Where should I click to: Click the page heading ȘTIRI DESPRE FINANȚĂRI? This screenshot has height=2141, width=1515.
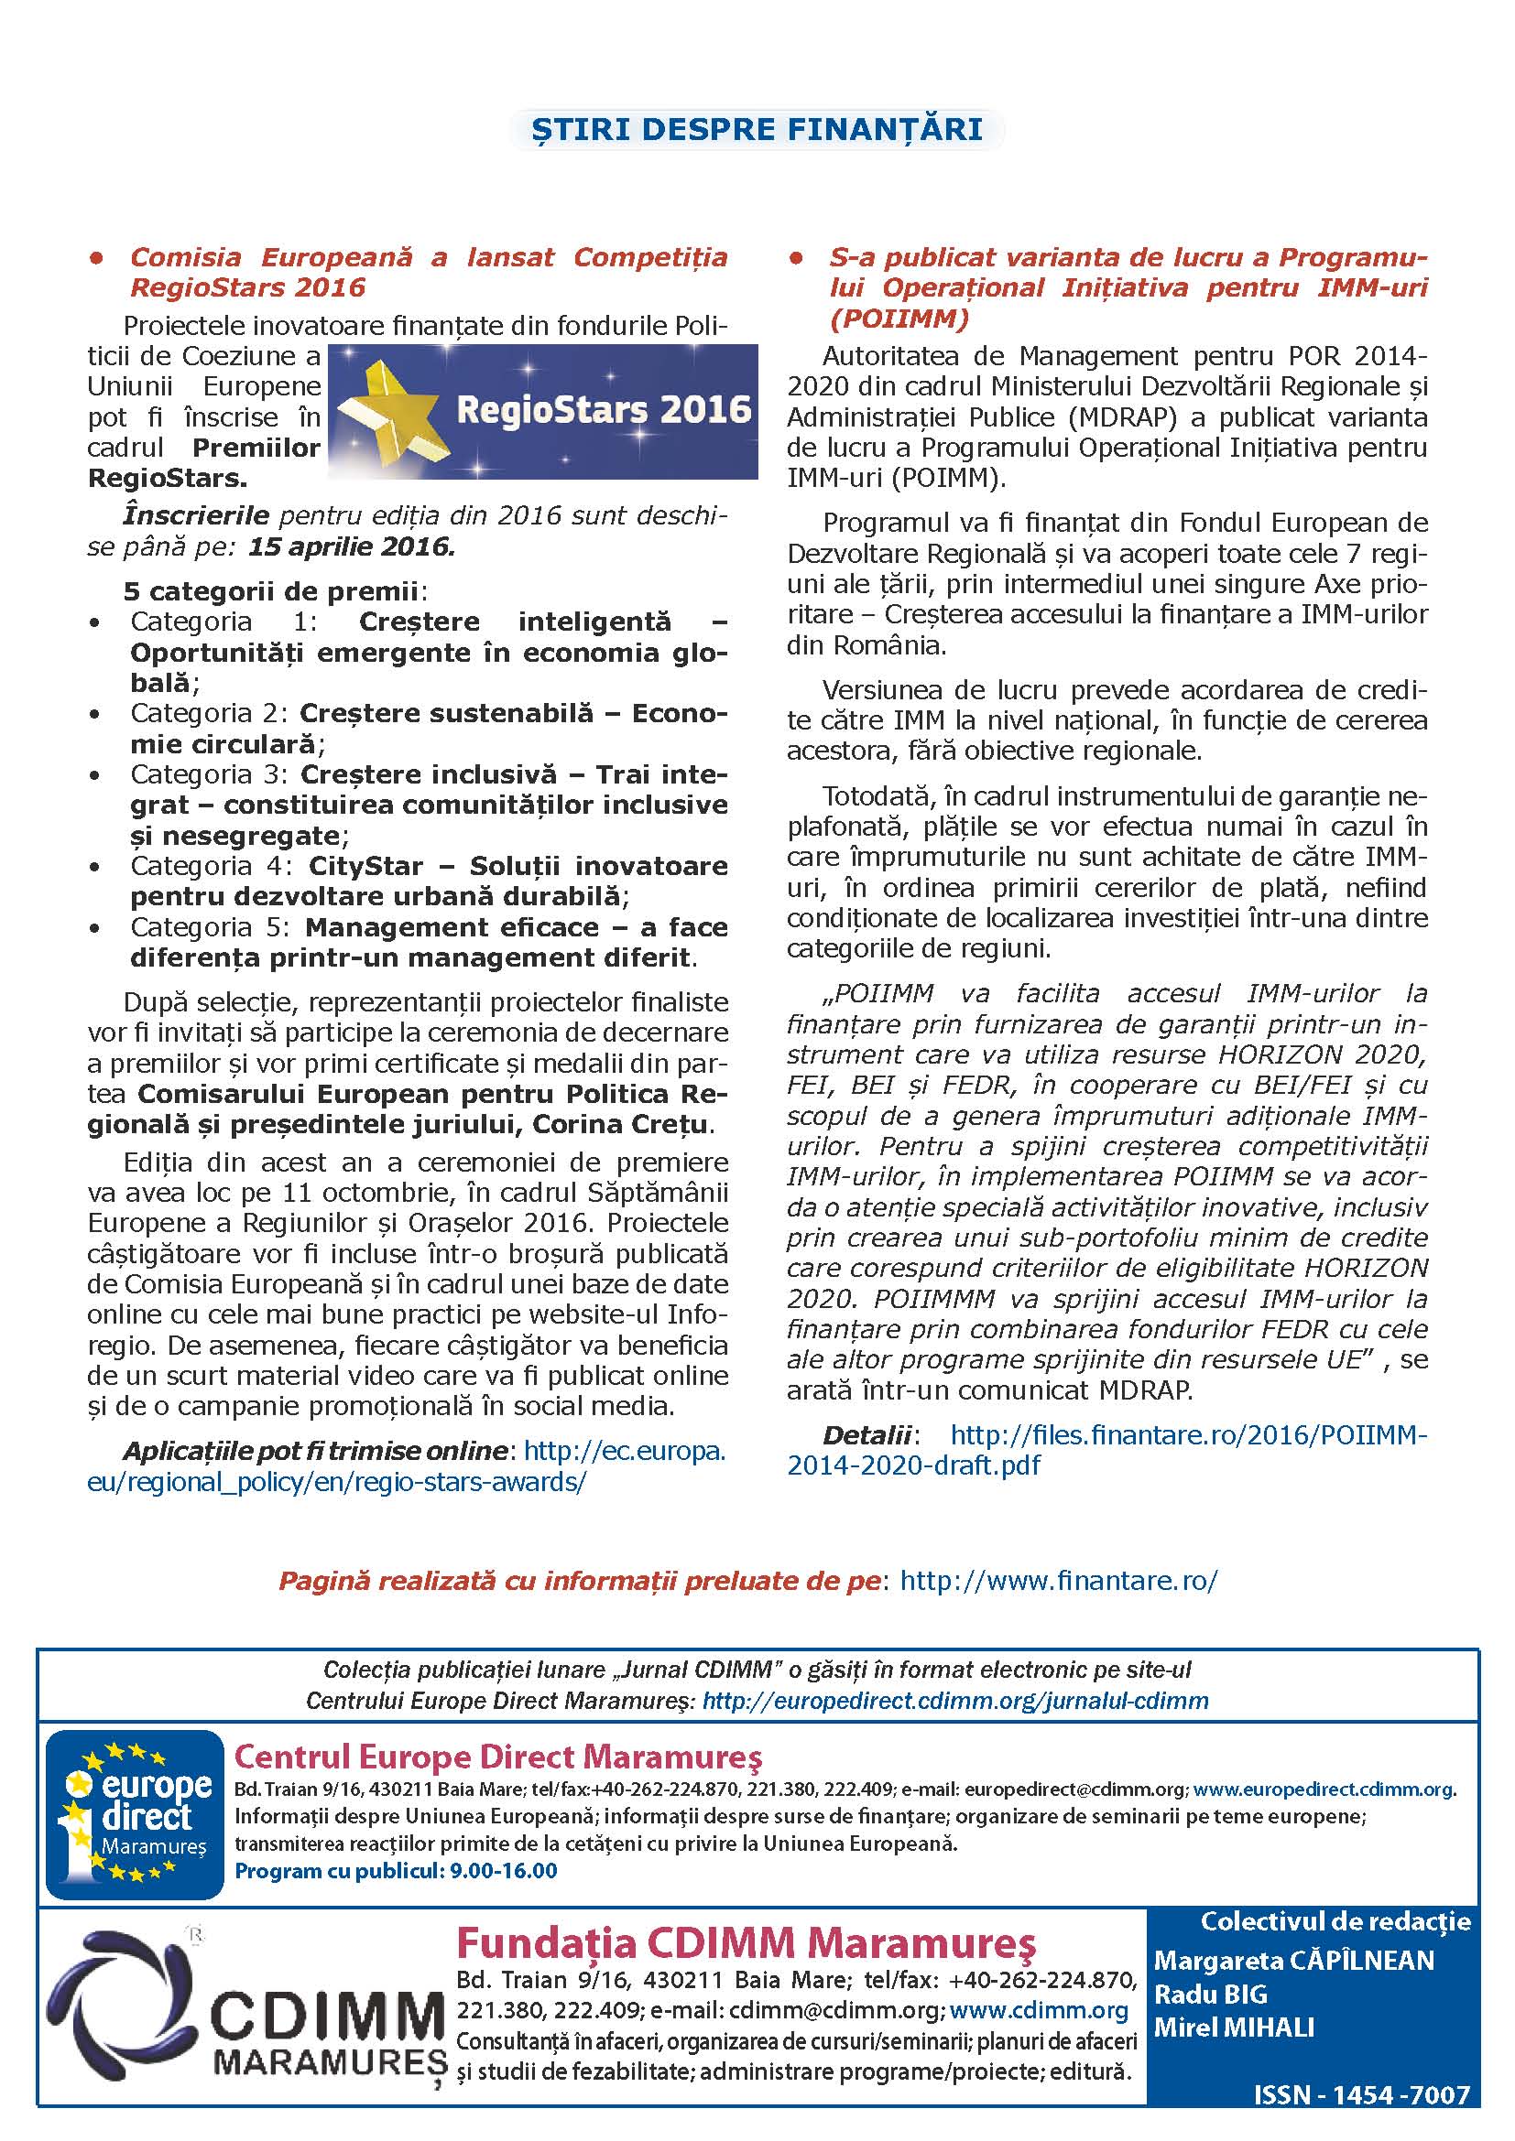click(757, 130)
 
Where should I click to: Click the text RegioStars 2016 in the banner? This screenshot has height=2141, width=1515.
click(604, 410)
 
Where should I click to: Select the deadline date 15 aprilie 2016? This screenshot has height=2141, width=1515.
click(351, 546)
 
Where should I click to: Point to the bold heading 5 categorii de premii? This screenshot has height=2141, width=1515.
click(270, 591)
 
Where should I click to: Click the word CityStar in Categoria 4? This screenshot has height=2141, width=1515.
click(365, 866)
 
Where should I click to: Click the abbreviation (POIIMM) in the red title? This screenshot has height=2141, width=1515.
click(899, 319)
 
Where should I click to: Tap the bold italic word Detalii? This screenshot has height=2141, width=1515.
click(866, 1435)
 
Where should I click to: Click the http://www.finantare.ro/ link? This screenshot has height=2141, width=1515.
click(1059, 1581)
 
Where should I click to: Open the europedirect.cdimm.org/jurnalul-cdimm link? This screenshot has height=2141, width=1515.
click(955, 1701)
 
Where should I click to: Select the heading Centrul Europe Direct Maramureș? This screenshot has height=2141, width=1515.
click(497, 1757)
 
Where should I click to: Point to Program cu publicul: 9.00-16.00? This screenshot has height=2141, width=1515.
click(396, 1871)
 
